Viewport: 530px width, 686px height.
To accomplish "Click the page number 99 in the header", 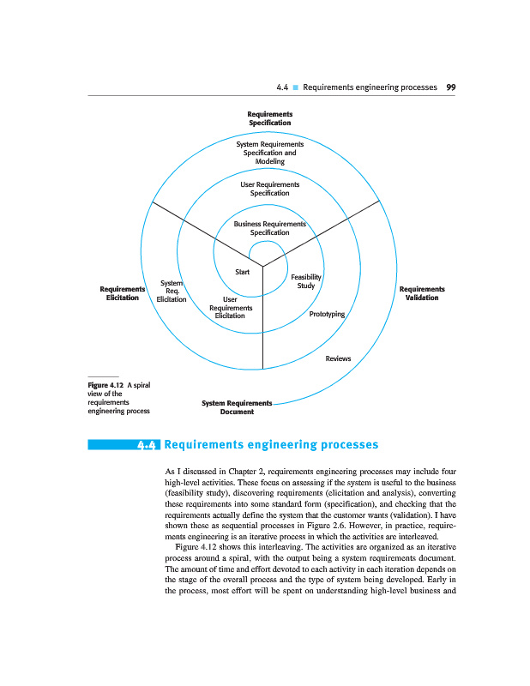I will pyautogui.click(x=450, y=87).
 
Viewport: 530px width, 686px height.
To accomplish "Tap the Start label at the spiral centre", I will pyautogui.click(x=242, y=272).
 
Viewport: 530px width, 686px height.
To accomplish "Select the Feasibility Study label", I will pyautogui.click(x=306, y=281).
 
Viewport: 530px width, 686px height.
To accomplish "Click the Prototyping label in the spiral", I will pyautogui.click(x=326, y=315).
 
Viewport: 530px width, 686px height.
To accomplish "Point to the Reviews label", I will pyautogui.click(x=338, y=358).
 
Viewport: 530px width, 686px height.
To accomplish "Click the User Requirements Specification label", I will pyautogui.click(x=270, y=189).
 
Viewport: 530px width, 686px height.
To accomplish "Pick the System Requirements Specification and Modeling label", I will pyautogui.click(x=269, y=153).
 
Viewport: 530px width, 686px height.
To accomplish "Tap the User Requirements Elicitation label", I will pyautogui.click(x=231, y=308).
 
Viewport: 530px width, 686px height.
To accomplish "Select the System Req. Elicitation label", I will pyautogui.click(x=172, y=291).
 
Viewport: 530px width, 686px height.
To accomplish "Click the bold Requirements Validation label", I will pyautogui.click(x=422, y=293).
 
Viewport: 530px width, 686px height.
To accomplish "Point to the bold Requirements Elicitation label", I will pyautogui.click(x=123, y=293).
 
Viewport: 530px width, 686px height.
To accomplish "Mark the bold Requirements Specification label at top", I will pyautogui.click(x=270, y=118).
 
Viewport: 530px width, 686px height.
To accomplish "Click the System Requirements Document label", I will pyautogui.click(x=237, y=407).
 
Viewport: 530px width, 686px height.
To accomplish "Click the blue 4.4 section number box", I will pyautogui.click(x=148, y=445).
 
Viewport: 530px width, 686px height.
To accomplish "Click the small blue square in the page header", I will pyautogui.click(x=294, y=87).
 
